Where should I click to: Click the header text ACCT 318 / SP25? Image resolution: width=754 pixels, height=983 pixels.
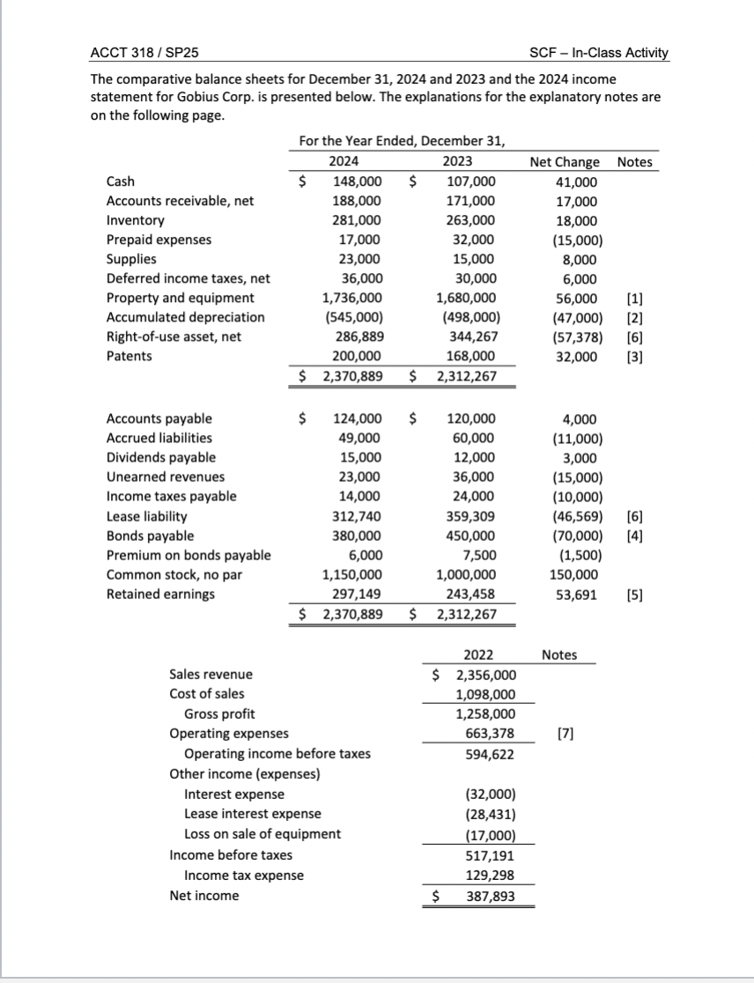tap(145, 53)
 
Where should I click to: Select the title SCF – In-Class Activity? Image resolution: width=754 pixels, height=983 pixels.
tap(599, 53)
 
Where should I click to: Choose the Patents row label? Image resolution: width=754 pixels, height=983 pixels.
tap(129, 356)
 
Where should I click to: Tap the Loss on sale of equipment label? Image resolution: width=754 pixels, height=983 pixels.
tap(262, 834)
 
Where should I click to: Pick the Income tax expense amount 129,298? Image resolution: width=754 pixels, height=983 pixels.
tap(490, 875)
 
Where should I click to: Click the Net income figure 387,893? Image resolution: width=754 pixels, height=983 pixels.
tap(490, 896)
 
